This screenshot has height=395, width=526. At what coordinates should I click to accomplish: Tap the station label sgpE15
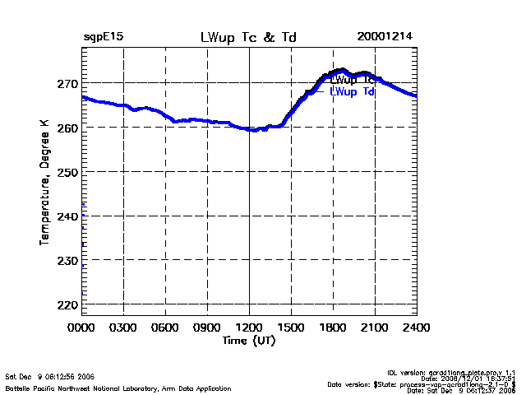coord(104,37)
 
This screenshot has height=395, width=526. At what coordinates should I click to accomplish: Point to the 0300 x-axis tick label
coord(123,327)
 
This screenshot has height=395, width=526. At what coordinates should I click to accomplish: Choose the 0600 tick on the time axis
coord(165,327)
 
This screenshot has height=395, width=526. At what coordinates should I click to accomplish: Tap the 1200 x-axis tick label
coord(249,327)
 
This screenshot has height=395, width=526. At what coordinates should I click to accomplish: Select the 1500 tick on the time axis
coord(291,327)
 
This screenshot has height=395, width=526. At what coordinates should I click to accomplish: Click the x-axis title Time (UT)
coord(249,339)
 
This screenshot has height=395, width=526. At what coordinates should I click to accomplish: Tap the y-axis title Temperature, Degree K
coord(44,181)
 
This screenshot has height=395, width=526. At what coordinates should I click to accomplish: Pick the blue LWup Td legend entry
coord(352,91)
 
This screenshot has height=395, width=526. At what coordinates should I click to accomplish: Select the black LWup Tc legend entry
coord(352,80)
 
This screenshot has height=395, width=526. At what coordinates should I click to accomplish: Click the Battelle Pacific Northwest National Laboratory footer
coord(118,388)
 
